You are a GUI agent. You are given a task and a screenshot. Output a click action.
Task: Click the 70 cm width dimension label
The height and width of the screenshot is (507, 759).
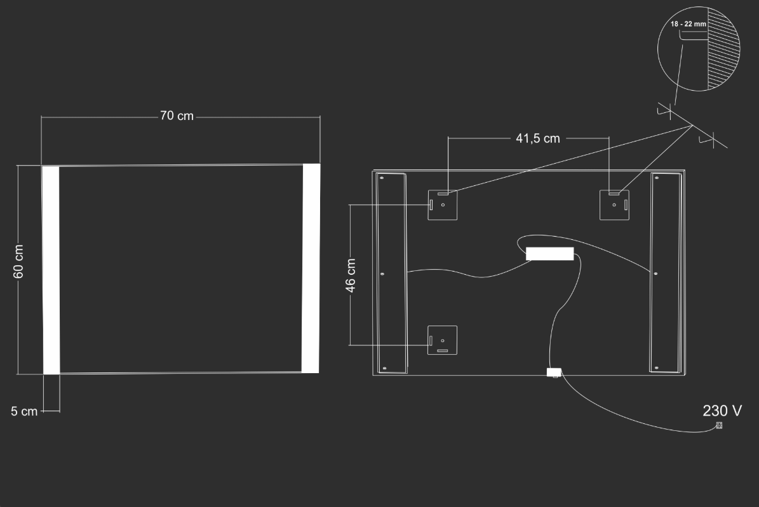click(177, 116)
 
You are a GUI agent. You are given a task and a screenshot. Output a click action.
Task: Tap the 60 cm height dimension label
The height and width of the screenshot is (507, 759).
click(18, 261)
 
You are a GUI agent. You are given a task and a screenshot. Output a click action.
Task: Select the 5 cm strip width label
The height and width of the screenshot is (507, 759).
click(24, 411)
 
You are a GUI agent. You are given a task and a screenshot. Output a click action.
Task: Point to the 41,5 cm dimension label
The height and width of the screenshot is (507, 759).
click(538, 138)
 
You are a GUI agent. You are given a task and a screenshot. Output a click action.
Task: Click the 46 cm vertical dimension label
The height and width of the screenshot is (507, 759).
click(351, 275)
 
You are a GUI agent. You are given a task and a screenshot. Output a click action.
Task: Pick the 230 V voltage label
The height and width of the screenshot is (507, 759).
click(722, 411)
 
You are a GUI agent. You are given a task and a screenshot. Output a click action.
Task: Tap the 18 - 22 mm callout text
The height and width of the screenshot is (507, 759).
click(688, 23)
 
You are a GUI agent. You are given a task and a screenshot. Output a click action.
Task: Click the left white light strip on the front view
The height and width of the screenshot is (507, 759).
click(51, 270)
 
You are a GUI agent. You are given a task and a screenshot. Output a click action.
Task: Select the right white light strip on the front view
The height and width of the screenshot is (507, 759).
click(311, 268)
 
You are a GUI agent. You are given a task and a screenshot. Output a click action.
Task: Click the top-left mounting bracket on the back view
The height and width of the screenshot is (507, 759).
click(443, 204)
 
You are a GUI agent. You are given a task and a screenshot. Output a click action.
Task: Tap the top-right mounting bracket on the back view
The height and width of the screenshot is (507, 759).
click(614, 204)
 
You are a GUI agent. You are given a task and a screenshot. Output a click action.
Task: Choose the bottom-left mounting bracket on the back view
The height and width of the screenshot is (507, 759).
click(443, 340)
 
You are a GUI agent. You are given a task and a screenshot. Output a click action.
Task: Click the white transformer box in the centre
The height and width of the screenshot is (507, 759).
click(550, 254)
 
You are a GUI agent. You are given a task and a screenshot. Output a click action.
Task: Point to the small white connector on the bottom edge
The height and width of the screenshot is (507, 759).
click(554, 372)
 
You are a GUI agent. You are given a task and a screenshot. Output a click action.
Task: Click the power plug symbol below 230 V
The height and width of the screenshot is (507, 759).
click(720, 425)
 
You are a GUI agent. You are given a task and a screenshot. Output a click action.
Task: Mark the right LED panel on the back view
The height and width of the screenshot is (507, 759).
click(666, 272)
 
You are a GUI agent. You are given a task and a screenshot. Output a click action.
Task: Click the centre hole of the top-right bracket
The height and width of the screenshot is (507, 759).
click(614, 205)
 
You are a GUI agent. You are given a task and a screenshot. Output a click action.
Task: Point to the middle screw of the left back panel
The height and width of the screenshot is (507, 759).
click(382, 274)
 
